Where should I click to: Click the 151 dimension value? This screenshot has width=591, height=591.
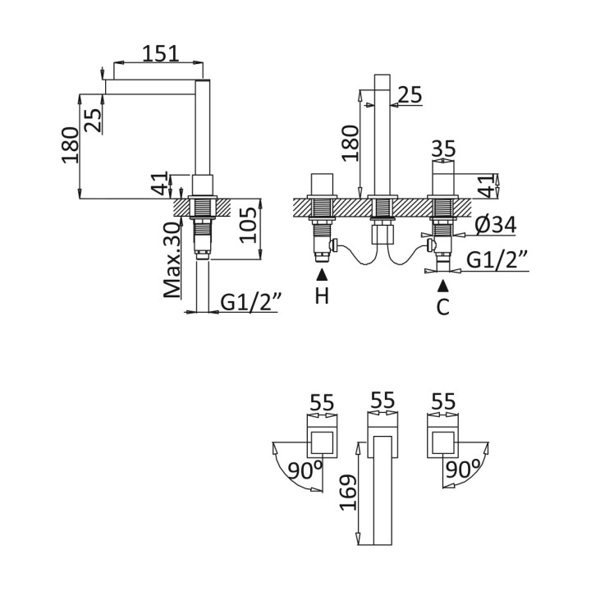tap(160, 53)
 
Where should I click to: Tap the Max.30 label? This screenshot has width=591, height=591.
tap(172, 259)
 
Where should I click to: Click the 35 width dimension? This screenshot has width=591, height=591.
tap(443, 149)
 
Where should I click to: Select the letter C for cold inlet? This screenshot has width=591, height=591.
tap(443, 307)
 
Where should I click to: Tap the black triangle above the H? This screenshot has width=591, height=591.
tap(322, 275)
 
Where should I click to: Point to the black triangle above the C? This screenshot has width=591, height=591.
tap(443, 285)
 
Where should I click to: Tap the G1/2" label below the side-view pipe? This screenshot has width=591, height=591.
tap(251, 302)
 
